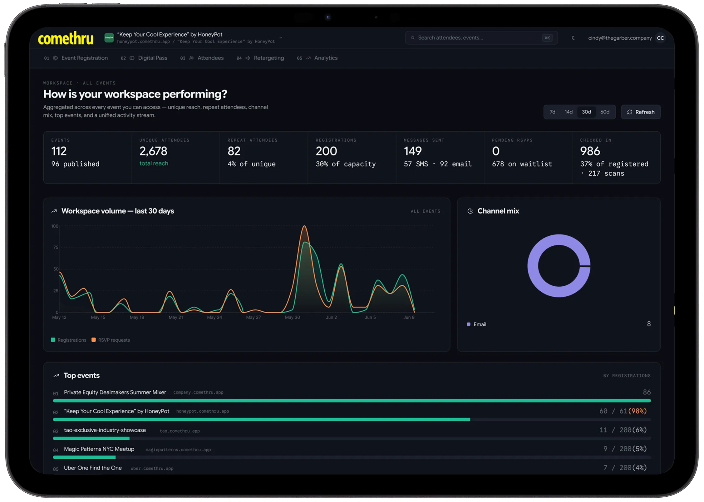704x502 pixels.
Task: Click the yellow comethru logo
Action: [x=66, y=38]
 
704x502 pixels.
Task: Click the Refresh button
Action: [x=640, y=112]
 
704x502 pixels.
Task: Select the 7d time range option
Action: [x=552, y=112]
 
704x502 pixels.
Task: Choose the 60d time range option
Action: [x=604, y=112]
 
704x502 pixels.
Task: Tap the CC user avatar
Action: [x=660, y=38]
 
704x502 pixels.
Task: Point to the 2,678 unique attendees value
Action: [x=153, y=151]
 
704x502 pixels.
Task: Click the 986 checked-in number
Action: [x=590, y=151]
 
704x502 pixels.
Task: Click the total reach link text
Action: [x=154, y=163]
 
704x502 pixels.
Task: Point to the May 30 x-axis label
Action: [x=292, y=317]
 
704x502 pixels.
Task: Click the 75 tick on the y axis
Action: [x=56, y=247]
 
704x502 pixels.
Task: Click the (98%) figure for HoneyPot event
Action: [x=637, y=411]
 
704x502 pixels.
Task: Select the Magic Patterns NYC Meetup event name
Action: [x=99, y=449]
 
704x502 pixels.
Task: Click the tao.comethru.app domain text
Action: [x=180, y=431]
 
